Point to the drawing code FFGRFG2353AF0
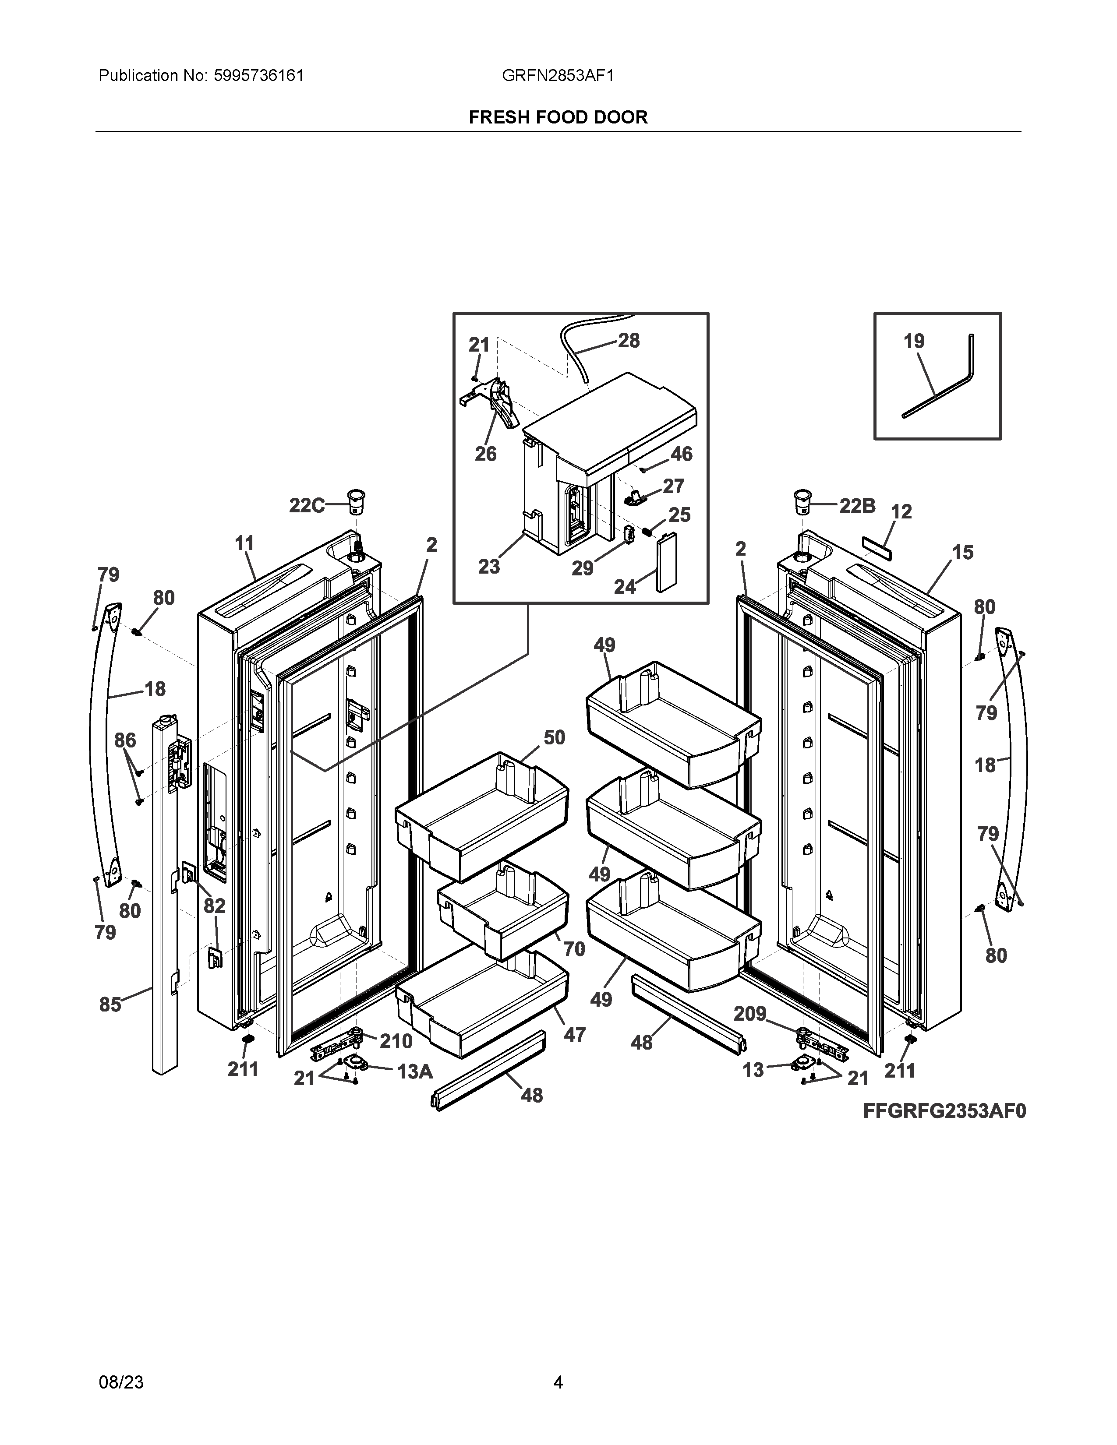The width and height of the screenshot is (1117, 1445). coord(944,1111)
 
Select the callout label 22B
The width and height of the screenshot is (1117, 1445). coord(858,506)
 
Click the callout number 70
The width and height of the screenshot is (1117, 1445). coord(574,949)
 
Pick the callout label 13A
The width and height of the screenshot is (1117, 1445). coord(414,1071)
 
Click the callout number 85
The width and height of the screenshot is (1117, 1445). coord(110,1004)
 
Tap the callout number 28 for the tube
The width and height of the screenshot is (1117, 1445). coord(629,340)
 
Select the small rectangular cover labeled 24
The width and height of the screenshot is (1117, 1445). coord(666,562)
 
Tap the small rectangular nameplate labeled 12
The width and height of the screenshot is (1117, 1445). coord(877,543)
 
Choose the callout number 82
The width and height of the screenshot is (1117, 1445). coord(214,906)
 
